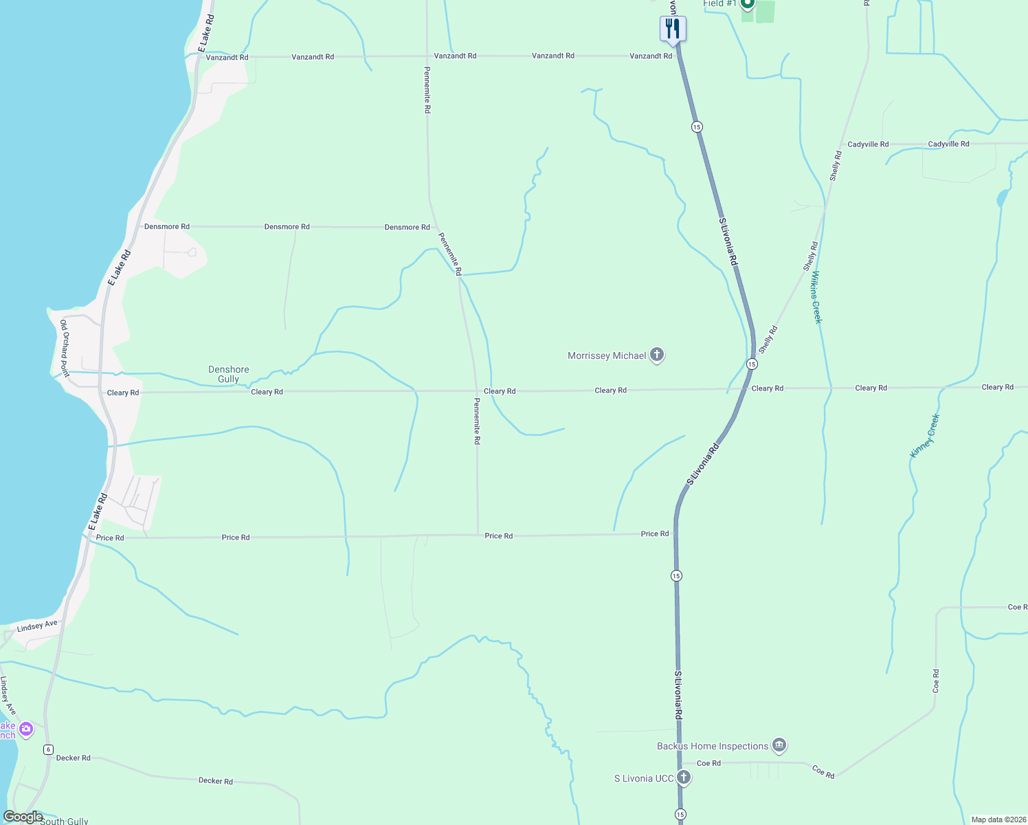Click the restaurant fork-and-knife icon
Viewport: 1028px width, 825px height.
(x=673, y=29)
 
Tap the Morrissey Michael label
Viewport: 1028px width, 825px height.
(x=607, y=355)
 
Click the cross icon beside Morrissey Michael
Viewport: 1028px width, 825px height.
(x=657, y=355)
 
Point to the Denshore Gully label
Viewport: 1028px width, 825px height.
(x=229, y=374)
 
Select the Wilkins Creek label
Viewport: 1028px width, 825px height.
(x=816, y=297)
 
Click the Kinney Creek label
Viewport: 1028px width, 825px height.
(x=924, y=436)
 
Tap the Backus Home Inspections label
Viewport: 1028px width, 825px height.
(x=713, y=746)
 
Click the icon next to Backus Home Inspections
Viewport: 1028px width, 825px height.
(x=779, y=745)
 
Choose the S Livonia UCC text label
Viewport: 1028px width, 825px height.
(x=644, y=778)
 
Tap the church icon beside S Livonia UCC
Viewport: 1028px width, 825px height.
(x=683, y=778)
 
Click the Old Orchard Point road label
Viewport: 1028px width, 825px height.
(x=64, y=348)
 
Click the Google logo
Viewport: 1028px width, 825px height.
(x=23, y=817)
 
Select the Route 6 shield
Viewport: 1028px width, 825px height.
(x=48, y=749)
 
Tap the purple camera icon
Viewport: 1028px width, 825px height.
(x=26, y=729)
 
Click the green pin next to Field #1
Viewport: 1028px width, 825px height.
(x=747, y=4)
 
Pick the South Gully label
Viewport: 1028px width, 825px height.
(x=65, y=821)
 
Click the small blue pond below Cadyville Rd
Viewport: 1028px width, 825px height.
(x=1003, y=199)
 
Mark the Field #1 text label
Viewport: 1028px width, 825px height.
(x=719, y=4)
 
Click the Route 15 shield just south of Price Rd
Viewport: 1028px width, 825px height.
(x=676, y=575)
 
